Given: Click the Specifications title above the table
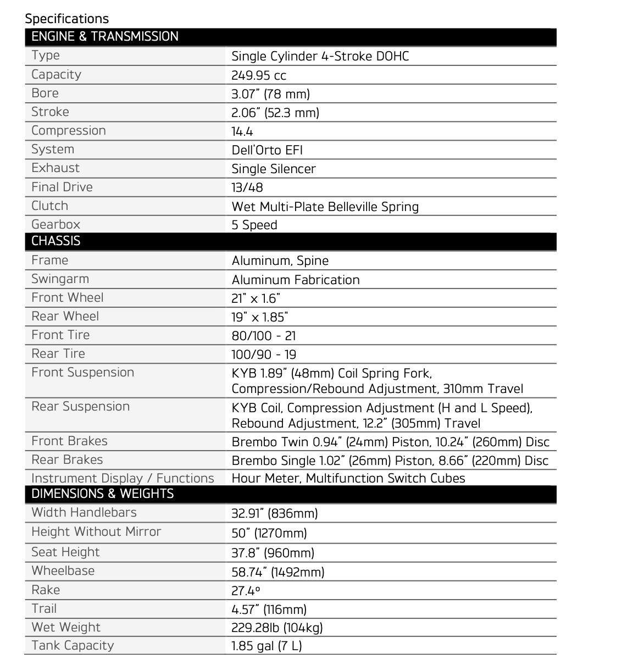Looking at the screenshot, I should tap(67, 19).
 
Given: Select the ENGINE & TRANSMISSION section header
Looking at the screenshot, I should tap(105, 37).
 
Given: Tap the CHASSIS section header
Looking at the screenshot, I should tap(56, 241).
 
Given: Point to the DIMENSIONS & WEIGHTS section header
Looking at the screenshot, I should tap(103, 494).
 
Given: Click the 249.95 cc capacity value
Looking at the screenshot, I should tap(259, 75).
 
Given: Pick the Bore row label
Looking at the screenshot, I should tap(45, 93).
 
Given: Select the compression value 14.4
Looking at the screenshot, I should tap(242, 132).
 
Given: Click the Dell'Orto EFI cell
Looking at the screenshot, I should tap(267, 151).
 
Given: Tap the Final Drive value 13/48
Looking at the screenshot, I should tap(247, 188).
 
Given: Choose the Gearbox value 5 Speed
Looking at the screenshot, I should tap(254, 225).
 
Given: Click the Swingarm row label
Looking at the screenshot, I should tap(60, 279).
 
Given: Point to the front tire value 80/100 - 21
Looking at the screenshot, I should tap(264, 336).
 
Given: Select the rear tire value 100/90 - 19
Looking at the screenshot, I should tap(264, 354).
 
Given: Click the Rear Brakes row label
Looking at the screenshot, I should tap(67, 460).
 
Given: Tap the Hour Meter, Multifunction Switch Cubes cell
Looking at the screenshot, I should tap(348, 478).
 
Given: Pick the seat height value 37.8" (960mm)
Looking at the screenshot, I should tap(273, 553).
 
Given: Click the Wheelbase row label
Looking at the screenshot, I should tap(63, 571).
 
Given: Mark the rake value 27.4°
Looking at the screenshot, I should tap(246, 591).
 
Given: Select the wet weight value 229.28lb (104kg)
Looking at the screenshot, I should tap(277, 628).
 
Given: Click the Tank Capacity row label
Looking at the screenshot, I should tap(73, 646).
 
